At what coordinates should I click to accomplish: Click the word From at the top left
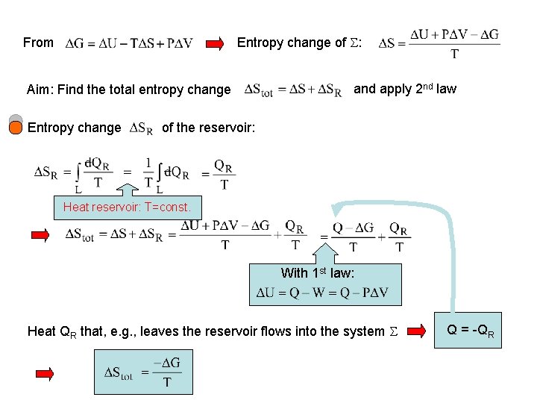tap(38, 43)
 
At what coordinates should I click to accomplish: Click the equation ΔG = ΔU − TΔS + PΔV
tap(128, 43)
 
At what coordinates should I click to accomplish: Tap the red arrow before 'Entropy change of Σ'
tap(215, 43)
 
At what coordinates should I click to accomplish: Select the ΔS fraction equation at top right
tap(439, 43)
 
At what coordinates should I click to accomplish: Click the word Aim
tap(39, 90)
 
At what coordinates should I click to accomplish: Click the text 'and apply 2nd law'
tap(404, 89)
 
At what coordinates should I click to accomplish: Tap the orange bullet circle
tap(16, 128)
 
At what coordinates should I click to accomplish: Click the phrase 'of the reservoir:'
tap(208, 128)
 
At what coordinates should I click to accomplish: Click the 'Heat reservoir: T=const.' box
tap(127, 207)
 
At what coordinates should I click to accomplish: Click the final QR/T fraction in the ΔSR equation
tap(224, 174)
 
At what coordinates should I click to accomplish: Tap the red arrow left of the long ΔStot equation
tap(40, 236)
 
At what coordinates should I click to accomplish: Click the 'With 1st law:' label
tap(317, 273)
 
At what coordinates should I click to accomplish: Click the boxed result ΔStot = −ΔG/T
tap(142, 372)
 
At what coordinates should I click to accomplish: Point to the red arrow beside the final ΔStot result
tap(45, 372)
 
